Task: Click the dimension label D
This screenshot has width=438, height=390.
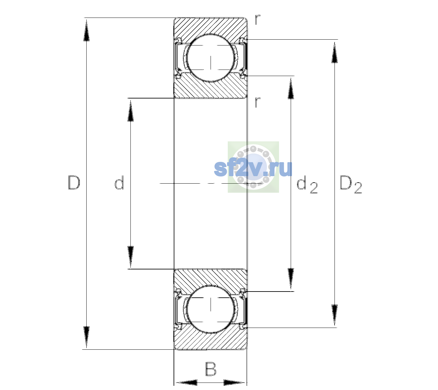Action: (x=74, y=183)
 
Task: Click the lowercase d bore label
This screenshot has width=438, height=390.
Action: (x=119, y=182)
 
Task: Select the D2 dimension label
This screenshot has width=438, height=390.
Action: (x=351, y=185)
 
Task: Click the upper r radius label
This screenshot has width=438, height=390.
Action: (x=258, y=19)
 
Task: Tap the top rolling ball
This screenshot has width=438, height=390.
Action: (x=211, y=58)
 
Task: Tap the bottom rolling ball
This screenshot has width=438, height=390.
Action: (x=211, y=309)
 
